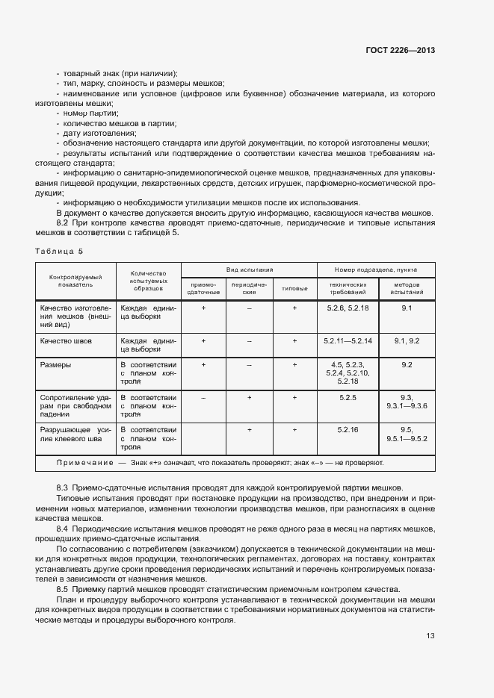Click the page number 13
tap(430, 636)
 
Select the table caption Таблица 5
tap(59, 251)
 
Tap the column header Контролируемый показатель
tap(75, 281)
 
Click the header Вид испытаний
tap(250, 269)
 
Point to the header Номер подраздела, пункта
tap(376, 269)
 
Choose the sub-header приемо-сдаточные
tap(203, 288)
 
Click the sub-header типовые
tap(294, 288)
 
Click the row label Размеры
tap(56, 365)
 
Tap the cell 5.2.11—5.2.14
tap(348, 340)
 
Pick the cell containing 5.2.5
tap(348, 398)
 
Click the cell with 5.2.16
tap(348, 430)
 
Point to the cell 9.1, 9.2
tap(407, 340)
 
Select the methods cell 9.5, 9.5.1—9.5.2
tap(407, 434)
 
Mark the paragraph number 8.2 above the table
tap(63, 222)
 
